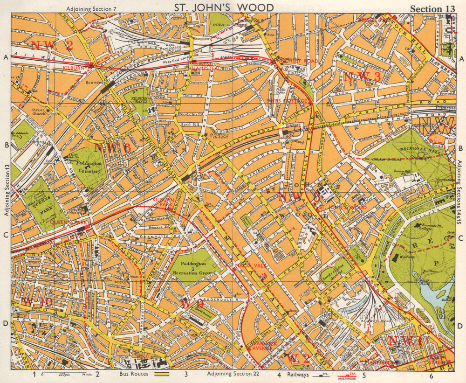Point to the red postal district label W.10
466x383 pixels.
tap(37, 302)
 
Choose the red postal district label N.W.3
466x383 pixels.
tap(363, 77)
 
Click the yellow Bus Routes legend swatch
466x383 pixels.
tap(160, 374)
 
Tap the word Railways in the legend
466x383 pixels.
tap(298, 374)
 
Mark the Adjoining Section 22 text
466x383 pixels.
tap(233, 374)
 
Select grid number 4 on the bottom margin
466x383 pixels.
tap(279, 375)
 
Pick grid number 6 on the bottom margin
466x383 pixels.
tap(432, 375)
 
